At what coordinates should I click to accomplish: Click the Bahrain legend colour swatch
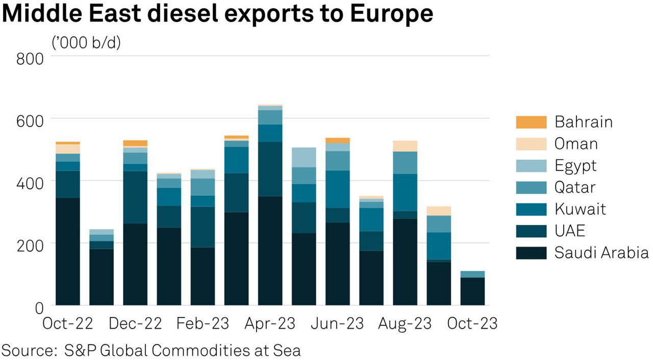[x=531, y=122]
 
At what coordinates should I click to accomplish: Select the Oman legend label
[x=576, y=144]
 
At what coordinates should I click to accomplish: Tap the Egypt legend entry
[x=575, y=166]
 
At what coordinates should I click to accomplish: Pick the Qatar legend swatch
[x=531, y=188]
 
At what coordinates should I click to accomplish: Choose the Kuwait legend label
[x=580, y=209]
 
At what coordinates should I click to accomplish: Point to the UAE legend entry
[x=570, y=231]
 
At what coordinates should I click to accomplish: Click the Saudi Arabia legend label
[x=601, y=253]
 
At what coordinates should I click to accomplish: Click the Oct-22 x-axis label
[x=67, y=324]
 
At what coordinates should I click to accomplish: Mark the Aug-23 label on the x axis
[x=405, y=324]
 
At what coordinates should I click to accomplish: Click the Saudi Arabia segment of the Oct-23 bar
[x=472, y=291]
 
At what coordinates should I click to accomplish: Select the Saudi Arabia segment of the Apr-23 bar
[x=270, y=250]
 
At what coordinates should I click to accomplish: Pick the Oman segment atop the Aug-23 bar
[x=405, y=146]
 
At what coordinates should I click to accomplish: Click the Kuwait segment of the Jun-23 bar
[x=338, y=189]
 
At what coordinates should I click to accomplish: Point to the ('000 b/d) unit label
[x=86, y=43]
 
